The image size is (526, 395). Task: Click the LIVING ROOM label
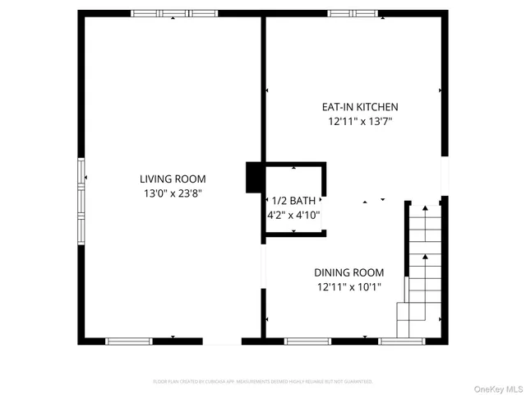(173, 179)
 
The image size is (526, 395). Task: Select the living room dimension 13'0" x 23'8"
(173, 194)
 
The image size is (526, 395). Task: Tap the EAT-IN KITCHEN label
(359, 107)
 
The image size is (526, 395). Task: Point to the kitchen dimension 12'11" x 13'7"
(359, 122)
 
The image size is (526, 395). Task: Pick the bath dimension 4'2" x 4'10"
(293, 215)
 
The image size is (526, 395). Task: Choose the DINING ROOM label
(349, 272)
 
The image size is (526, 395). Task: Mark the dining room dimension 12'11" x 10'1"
(349, 287)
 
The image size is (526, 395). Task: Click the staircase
(423, 267)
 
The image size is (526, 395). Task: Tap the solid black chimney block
(254, 177)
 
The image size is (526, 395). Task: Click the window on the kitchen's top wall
(353, 13)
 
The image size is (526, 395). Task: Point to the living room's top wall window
(175, 13)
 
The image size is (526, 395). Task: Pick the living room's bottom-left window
(129, 340)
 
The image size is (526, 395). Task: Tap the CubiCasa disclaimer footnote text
(263, 382)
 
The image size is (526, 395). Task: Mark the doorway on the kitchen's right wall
(445, 176)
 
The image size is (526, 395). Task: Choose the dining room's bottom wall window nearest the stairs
(400, 340)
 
